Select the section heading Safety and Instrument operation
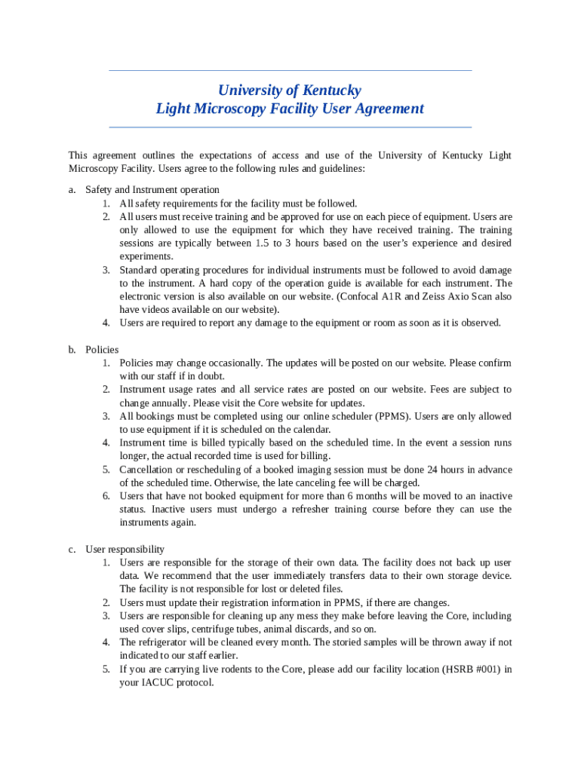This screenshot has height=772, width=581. tap(152, 190)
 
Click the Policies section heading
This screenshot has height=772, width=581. tap(102, 350)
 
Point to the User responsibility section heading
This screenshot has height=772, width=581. tap(124, 550)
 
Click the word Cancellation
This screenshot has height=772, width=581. tap(148, 470)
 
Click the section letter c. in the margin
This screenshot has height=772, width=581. tap(72, 550)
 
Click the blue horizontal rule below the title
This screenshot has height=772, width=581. tap(290, 127)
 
